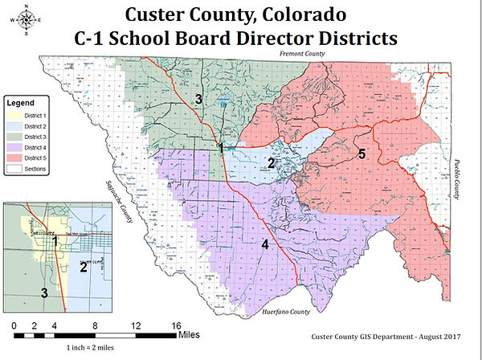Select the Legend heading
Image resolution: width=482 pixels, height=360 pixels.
coord(22,104)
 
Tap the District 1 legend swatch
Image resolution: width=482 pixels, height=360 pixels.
coord(15,116)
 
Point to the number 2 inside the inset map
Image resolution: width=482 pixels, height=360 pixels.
coord(83,267)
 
